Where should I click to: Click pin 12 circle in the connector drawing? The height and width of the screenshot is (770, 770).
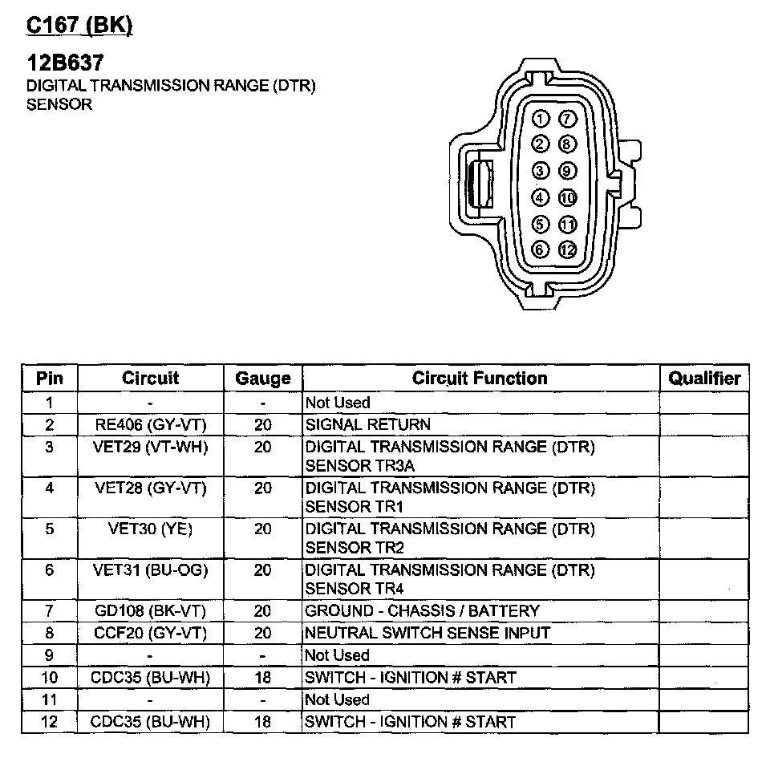tap(567, 249)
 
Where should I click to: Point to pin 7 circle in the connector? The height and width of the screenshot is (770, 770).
tap(567, 120)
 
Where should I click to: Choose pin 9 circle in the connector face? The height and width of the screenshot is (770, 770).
tap(567, 171)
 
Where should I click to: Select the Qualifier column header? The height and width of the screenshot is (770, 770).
tap(703, 378)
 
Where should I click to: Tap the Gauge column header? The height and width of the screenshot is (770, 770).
tap(262, 378)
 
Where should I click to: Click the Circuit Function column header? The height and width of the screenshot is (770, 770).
tap(480, 378)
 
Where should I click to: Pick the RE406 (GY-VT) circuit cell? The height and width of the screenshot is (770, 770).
tap(150, 424)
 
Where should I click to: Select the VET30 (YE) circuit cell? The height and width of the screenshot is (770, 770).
tap(150, 529)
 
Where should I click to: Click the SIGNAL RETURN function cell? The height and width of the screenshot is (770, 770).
tap(368, 424)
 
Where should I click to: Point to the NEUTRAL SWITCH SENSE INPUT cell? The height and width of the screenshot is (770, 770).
tap(428, 633)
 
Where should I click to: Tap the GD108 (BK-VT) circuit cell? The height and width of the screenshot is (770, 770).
tap(150, 611)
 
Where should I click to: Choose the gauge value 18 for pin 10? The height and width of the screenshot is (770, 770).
tap(262, 677)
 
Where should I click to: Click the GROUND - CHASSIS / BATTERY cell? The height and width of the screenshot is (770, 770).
tap(422, 611)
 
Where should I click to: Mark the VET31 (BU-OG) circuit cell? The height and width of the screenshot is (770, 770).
tap(150, 570)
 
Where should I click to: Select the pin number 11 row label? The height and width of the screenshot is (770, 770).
tap(49, 699)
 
